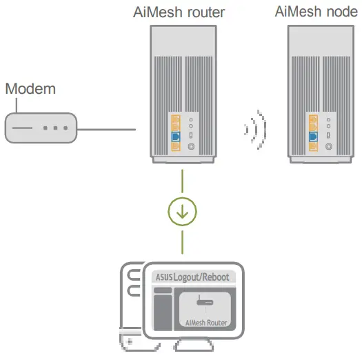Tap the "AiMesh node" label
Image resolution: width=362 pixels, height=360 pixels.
point(316,12)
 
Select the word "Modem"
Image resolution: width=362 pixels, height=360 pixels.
point(30,90)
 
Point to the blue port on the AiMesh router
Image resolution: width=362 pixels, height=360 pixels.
point(174,137)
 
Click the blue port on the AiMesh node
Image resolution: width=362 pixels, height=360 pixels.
point(314,137)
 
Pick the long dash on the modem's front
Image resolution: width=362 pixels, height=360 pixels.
point(22,128)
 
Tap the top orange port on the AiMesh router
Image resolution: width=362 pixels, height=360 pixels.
point(174,118)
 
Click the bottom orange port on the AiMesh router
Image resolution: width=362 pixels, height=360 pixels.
point(174,127)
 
